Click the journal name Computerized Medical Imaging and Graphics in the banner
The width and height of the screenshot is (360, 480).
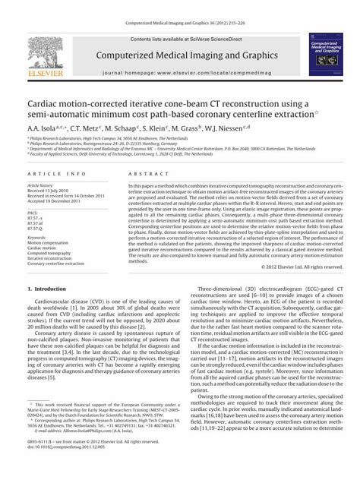179,55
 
